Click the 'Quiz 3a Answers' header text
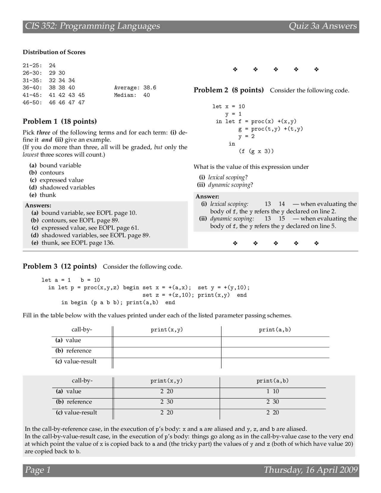pos(323,26)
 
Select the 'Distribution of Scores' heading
pos(54,52)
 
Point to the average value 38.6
pos(150,88)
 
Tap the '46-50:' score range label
pos(32,102)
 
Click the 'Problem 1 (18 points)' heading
pos(60,121)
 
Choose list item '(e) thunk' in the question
pos(43,195)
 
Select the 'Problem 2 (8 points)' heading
pos(229,90)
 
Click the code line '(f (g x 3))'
pos(256,151)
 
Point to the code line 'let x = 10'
pos(228,107)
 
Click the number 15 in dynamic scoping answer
pos(282,219)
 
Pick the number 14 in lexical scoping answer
pos(282,204)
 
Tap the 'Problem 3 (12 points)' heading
pos(60,266)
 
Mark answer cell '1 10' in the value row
pos(272,391)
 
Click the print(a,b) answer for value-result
pos(272,413)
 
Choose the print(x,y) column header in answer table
pos(166,381)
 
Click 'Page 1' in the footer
pos(38,470)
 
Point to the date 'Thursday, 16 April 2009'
pos(310,470)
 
